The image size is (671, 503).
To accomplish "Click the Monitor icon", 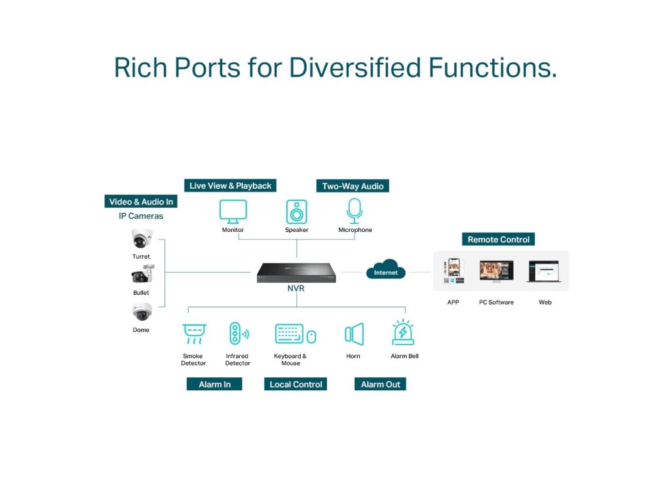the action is click(233, 212).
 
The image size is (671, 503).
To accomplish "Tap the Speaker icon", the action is click(296, 212).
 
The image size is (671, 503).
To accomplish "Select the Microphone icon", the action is click(355, 211).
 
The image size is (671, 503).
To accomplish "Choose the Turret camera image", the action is click(142, 239).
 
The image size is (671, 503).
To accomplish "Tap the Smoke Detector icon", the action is click(193, 334).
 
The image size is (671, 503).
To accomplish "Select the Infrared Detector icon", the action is click(237, 334).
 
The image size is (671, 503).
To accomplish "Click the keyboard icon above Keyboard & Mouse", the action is click(289, 334).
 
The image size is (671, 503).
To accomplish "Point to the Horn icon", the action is click(354, 334).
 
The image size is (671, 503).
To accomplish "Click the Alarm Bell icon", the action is click(402, 333).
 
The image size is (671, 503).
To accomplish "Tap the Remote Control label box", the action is click(498, 240).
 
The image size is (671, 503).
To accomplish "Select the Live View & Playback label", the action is click(230, 186).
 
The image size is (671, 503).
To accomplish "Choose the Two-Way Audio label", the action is click(353, 186).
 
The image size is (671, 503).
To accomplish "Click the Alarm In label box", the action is click(214, 384).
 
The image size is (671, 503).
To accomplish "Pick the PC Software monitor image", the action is click(496, 271).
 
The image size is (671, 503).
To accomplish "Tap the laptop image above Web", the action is click(543, 271).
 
